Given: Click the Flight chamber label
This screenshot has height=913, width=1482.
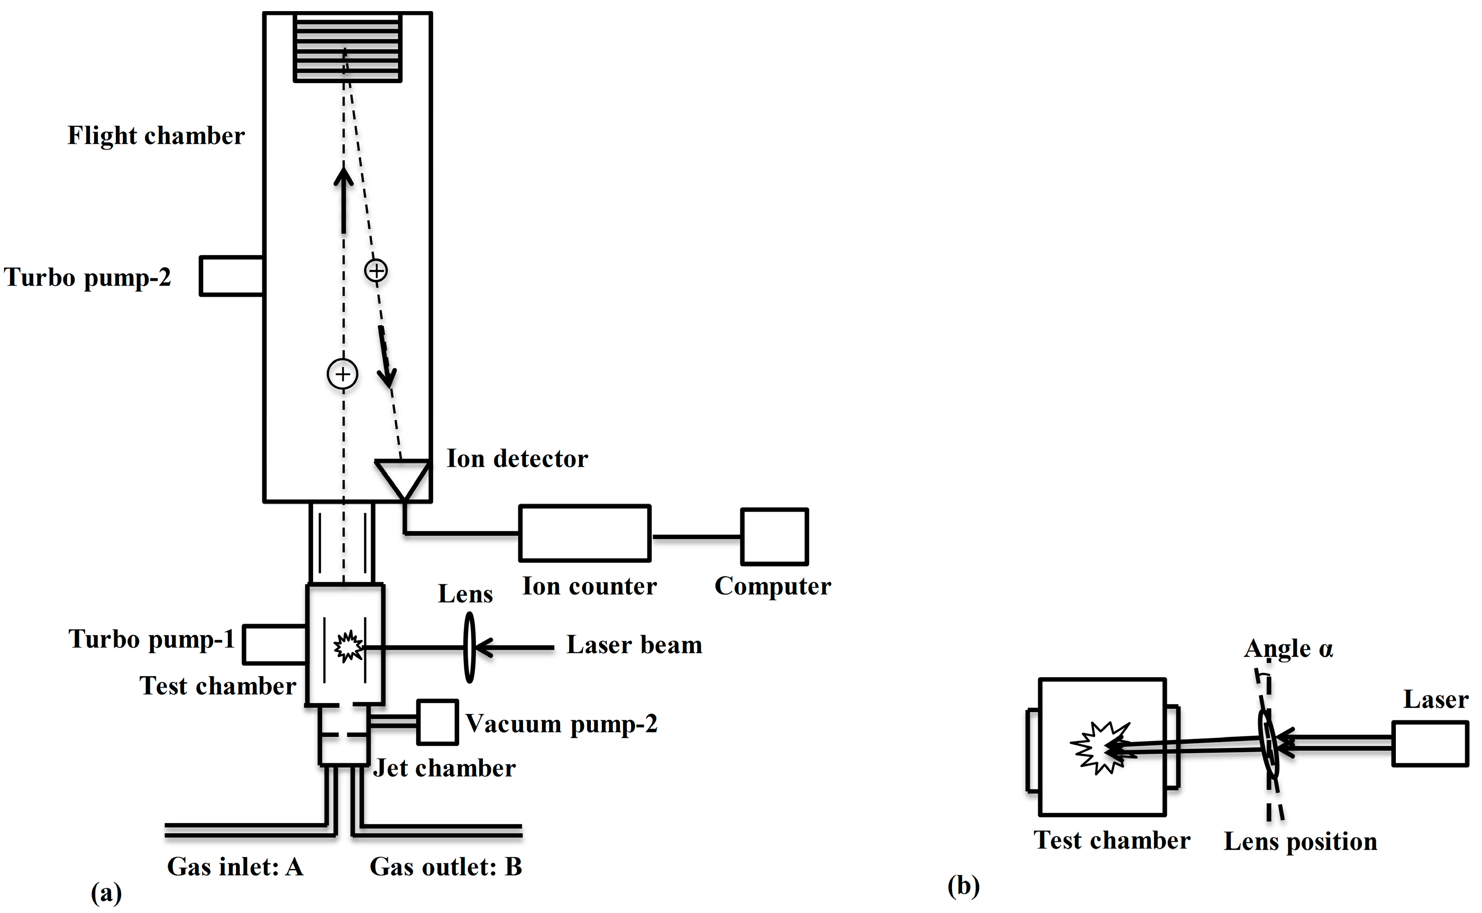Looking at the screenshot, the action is tap(155, 136).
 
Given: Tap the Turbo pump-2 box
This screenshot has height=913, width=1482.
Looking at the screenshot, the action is tap(232, 276).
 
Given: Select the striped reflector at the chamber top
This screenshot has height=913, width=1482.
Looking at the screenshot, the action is tap(347, 48).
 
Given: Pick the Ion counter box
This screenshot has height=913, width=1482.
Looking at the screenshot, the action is tap(585, 533).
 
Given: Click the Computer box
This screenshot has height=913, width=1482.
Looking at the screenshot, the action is tap(774, 537).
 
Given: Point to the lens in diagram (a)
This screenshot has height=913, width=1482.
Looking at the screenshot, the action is tap(470, 647).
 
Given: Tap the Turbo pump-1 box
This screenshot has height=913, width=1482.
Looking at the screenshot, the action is tap(275, 645).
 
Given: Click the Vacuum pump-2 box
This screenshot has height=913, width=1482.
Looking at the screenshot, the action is tap(437, 722).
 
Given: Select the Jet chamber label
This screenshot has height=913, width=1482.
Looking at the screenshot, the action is tap(444, 768).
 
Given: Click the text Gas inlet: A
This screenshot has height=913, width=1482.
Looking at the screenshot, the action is tap(235, 866).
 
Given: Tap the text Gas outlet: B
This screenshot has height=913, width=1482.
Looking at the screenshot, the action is tap(445, 866).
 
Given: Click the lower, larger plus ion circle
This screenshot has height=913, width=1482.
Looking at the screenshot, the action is tap(342, 375).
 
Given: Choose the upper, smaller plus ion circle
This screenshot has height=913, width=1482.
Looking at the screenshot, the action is tap(376, 270).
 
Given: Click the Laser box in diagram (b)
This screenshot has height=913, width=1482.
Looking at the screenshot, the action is tap(1430, 744).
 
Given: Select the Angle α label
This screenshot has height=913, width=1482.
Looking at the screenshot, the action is tap(1288, 649).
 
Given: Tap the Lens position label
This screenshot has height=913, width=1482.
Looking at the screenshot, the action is tap(1300, 842).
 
